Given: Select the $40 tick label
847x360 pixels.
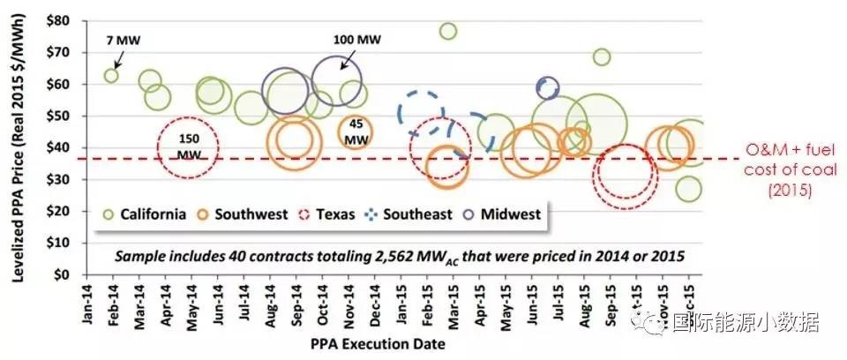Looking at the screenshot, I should click(57, 147).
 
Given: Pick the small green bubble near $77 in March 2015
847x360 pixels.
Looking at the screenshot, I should click(448, 31).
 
